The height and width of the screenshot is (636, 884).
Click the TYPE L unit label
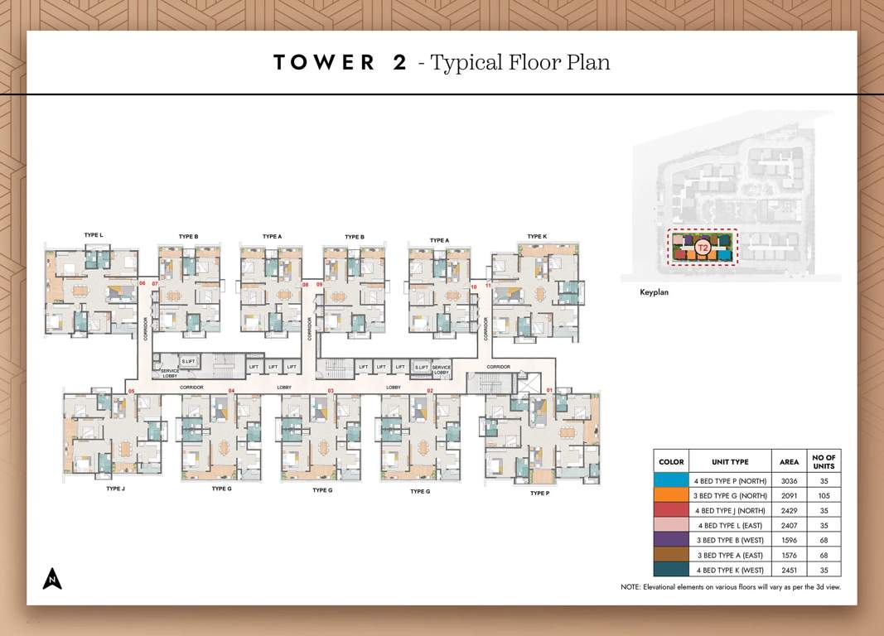tap(94, 235)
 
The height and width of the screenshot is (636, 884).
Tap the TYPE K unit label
tap(537, 237)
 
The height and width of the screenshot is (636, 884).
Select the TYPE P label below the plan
tap(539, 494)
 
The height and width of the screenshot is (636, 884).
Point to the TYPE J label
tap(115, 489)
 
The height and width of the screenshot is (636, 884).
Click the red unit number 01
tap(549, 390)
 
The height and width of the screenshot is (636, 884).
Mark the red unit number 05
tap(131, 390)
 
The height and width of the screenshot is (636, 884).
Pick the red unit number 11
tap(489, 286)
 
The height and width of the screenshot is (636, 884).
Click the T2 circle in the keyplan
tap(703, 247)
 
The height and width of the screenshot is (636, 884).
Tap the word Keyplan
tap(654, 292)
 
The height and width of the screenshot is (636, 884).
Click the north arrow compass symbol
tap(52, 579)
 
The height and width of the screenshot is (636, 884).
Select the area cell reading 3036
tap(789, 481)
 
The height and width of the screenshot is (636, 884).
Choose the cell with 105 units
tap(824, 496)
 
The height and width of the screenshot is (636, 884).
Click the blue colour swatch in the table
tap(671, 481)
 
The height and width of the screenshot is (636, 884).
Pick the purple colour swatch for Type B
tap(671, 540)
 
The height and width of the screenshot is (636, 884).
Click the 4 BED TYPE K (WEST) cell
tap(730, 570)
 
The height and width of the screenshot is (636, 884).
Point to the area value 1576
tap(789, 555)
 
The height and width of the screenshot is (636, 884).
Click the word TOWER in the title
tap(324, 63)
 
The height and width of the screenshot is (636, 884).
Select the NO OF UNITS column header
tap(824, 461)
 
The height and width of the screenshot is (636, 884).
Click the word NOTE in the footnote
tap(630, 587)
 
